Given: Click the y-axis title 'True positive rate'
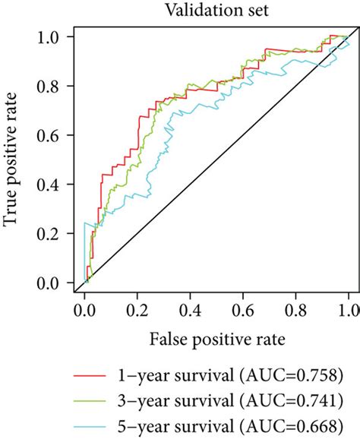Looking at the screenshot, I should [13, 160].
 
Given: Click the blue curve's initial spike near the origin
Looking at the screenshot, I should [85, 226].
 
